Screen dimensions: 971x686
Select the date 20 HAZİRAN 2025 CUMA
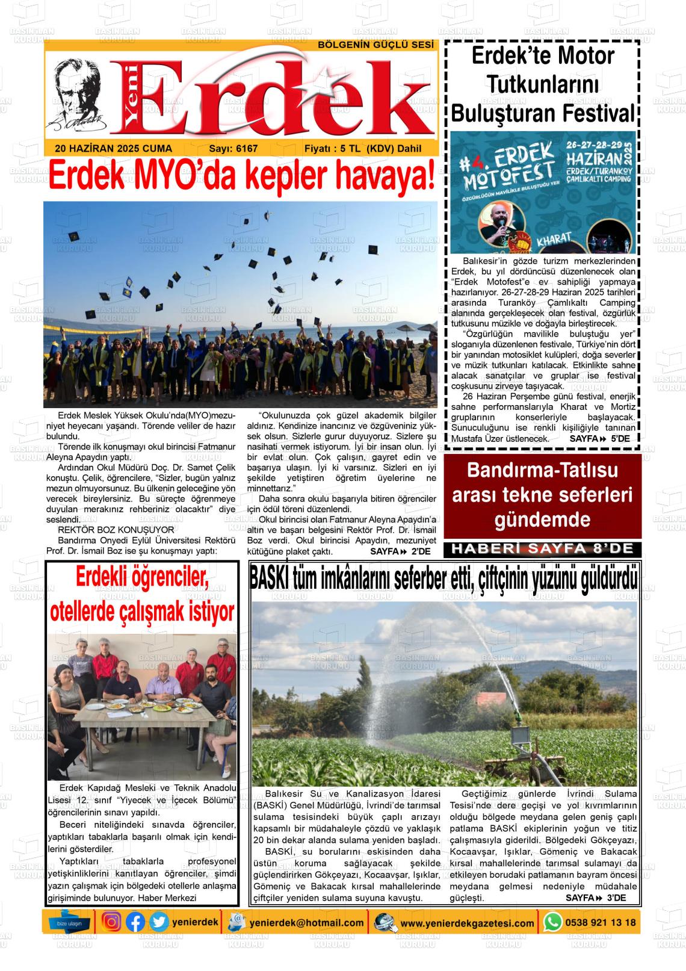113,149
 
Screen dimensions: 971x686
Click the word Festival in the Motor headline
596,113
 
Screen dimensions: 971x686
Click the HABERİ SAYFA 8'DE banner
542,549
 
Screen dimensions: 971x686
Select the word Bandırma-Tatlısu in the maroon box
542,471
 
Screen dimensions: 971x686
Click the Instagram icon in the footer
111,922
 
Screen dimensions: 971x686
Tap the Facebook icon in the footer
135,922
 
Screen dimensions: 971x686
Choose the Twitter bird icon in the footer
159,922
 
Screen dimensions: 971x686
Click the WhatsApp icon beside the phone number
552,922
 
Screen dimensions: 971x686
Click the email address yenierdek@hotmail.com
307,922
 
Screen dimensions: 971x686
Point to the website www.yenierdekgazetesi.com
467,923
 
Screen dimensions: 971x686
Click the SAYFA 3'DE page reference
595,898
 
